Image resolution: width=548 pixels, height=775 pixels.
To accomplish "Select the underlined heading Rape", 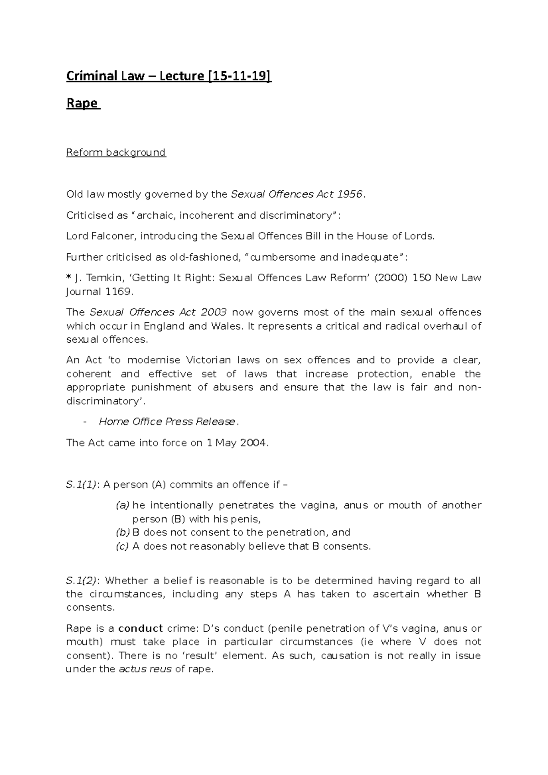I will [x=82, y=103].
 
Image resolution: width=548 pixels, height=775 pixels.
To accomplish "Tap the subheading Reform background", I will [x=116, y=152].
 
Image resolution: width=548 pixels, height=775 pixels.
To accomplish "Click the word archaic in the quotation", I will [x=153, y=215].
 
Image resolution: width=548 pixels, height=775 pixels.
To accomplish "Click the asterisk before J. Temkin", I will [x=68, y=278].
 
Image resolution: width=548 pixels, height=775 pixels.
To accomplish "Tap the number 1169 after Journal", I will [x=118, y=292].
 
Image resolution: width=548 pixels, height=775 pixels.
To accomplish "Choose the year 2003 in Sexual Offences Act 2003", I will [x=212, y=313].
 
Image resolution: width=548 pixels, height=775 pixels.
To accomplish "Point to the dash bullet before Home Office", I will [x=85, y=422].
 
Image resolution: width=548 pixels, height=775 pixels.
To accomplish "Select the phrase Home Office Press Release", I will [x=167, y=422].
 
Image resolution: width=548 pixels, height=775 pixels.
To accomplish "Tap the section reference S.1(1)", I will [x=81, y=485].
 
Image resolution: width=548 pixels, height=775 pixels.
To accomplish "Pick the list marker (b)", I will [x=122, y=533].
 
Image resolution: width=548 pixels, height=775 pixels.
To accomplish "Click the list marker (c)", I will [x=122, y=546].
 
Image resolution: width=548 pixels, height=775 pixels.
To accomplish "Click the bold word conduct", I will [x=140, y=628].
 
